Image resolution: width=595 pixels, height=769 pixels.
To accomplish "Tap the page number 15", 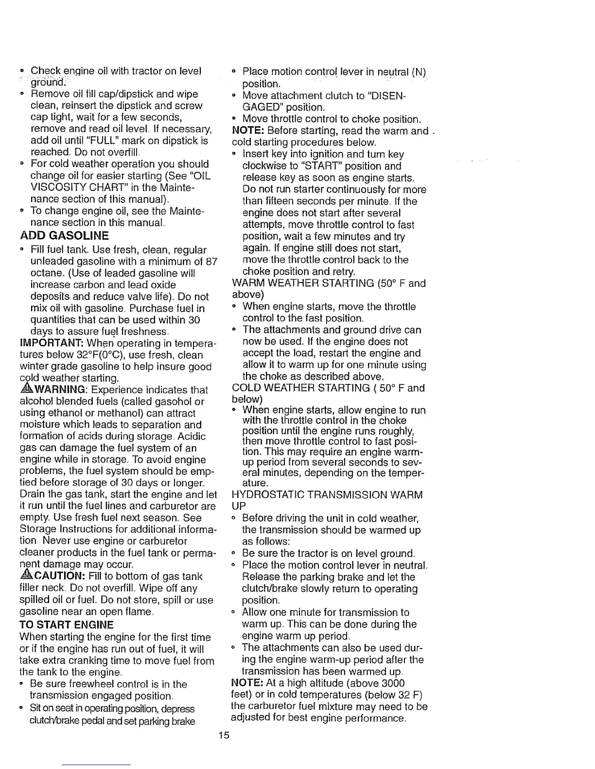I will [223, 735].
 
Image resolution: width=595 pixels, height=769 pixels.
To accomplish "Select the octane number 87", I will [210, 262].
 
